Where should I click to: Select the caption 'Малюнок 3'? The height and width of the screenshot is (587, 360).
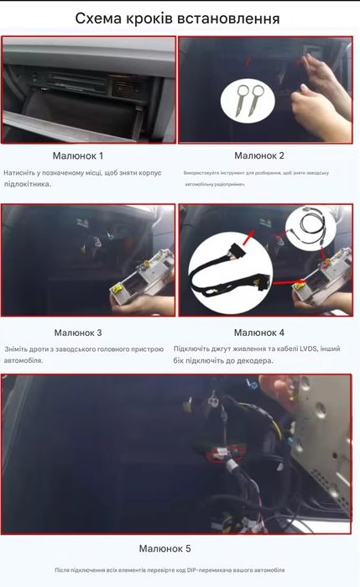(x=90, y=333)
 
